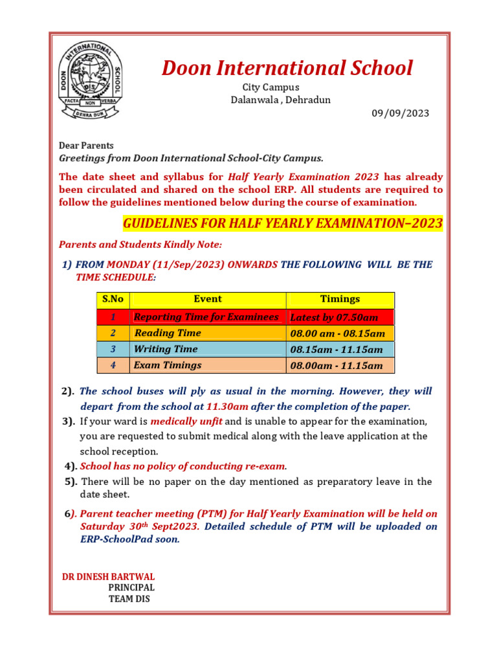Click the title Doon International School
(x=287, y=68)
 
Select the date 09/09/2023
(x=400, y=113)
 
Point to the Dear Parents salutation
(x=86, y=146)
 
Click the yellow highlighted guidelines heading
(x=283, y=224)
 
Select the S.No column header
(x=113, y=299)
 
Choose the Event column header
(x=207, y=299)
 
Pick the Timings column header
(x=340, y=299)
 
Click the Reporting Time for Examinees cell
(x=206, y=317)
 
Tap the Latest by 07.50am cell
(x=334, y=317)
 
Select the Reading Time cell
(x=167, y=333)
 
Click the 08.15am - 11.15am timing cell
(x=337, y=350)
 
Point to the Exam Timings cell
(x=167, y=365)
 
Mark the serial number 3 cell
(x=113, y=349)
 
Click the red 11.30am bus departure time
(x=226, y=407)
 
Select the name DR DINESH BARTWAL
(x=108, y=576)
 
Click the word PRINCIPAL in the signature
(x=131, y=587)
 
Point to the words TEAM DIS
(x=129, y=599)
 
